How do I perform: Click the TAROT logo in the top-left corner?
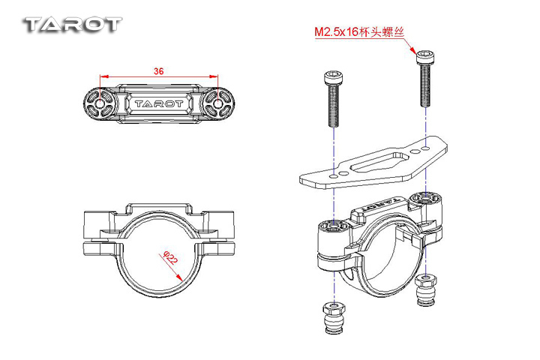click(x=72, y=24)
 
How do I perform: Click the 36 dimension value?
click(x=158, y=71)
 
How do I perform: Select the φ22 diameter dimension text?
click(x=169, y=259)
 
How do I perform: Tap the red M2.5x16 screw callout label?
click(x=358, y=33)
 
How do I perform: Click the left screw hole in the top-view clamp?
click(x=100, y=102)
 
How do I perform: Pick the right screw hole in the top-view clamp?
click(x=217, y=102)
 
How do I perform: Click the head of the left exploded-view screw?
click(x=331, y=77)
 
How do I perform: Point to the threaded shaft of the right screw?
click(x=425, y=87)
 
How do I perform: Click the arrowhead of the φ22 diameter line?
click(x=181, y=277)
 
